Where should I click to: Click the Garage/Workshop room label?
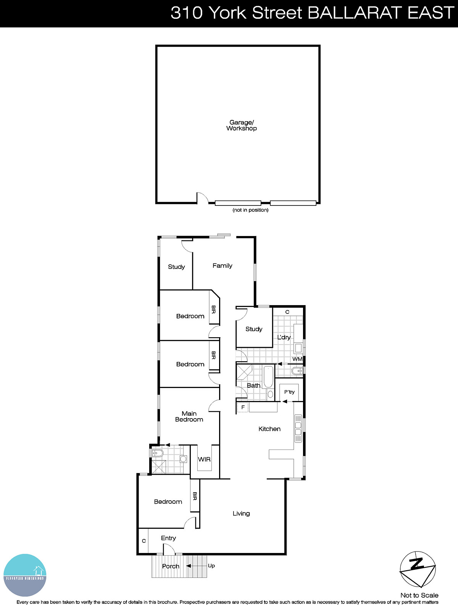tap(241, 125)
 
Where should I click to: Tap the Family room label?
tap(222, 266)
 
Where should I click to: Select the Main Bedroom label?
tap(189, 416)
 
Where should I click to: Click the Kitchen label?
tap(269, 429)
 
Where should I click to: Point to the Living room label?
tap(241, 514)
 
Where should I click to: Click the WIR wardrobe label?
tap(204, 459)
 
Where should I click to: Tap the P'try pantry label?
tap(289, 392)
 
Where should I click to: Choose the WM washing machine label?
tap(297, 359)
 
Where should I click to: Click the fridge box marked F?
tap(243, 407)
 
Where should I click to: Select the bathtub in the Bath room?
tap(268, 376)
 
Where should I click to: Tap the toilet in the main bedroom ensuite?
tap(157, 453)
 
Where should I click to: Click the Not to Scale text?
tap(419, 595)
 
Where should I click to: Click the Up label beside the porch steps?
tap(211, 566)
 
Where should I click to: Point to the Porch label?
tap(171, 566)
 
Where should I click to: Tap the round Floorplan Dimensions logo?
tap(25, 575)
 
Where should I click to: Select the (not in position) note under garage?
tap(250, 210)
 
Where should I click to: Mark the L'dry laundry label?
tap(284, 337)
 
